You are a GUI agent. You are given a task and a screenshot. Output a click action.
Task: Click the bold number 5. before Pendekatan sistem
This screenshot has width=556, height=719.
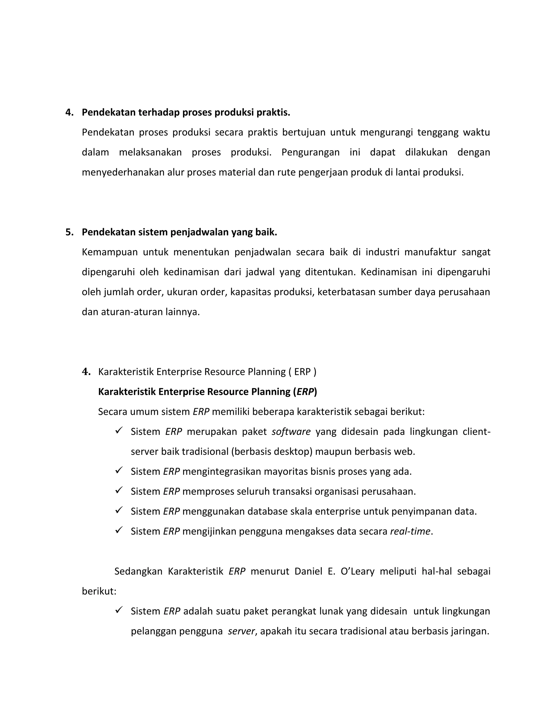click(x=69, y=233)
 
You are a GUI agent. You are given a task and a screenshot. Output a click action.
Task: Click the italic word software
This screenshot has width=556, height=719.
click(x=291, y=432)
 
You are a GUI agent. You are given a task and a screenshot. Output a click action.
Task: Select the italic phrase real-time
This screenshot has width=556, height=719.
click(x=410, y=531)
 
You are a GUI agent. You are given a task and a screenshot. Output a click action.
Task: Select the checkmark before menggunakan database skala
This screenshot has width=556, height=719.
click(x=119, y=510)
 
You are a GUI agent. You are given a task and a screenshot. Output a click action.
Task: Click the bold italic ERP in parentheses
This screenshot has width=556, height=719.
click(x=305, y=392)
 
